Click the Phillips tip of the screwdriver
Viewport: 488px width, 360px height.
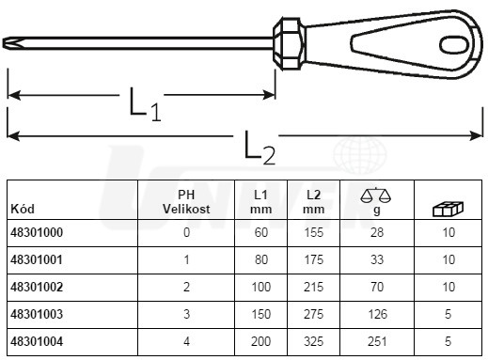click(10, 43)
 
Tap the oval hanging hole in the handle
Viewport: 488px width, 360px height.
click(454, 44)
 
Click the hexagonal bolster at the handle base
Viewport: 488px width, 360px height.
click(290, 43)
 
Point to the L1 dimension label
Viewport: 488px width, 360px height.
click(145, 104)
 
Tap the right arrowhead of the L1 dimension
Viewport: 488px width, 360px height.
click(269, 95)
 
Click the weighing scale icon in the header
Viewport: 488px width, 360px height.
click(376, 196)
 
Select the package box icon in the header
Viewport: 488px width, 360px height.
click(448, 209)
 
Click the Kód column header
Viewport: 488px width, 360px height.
click(23, 209)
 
